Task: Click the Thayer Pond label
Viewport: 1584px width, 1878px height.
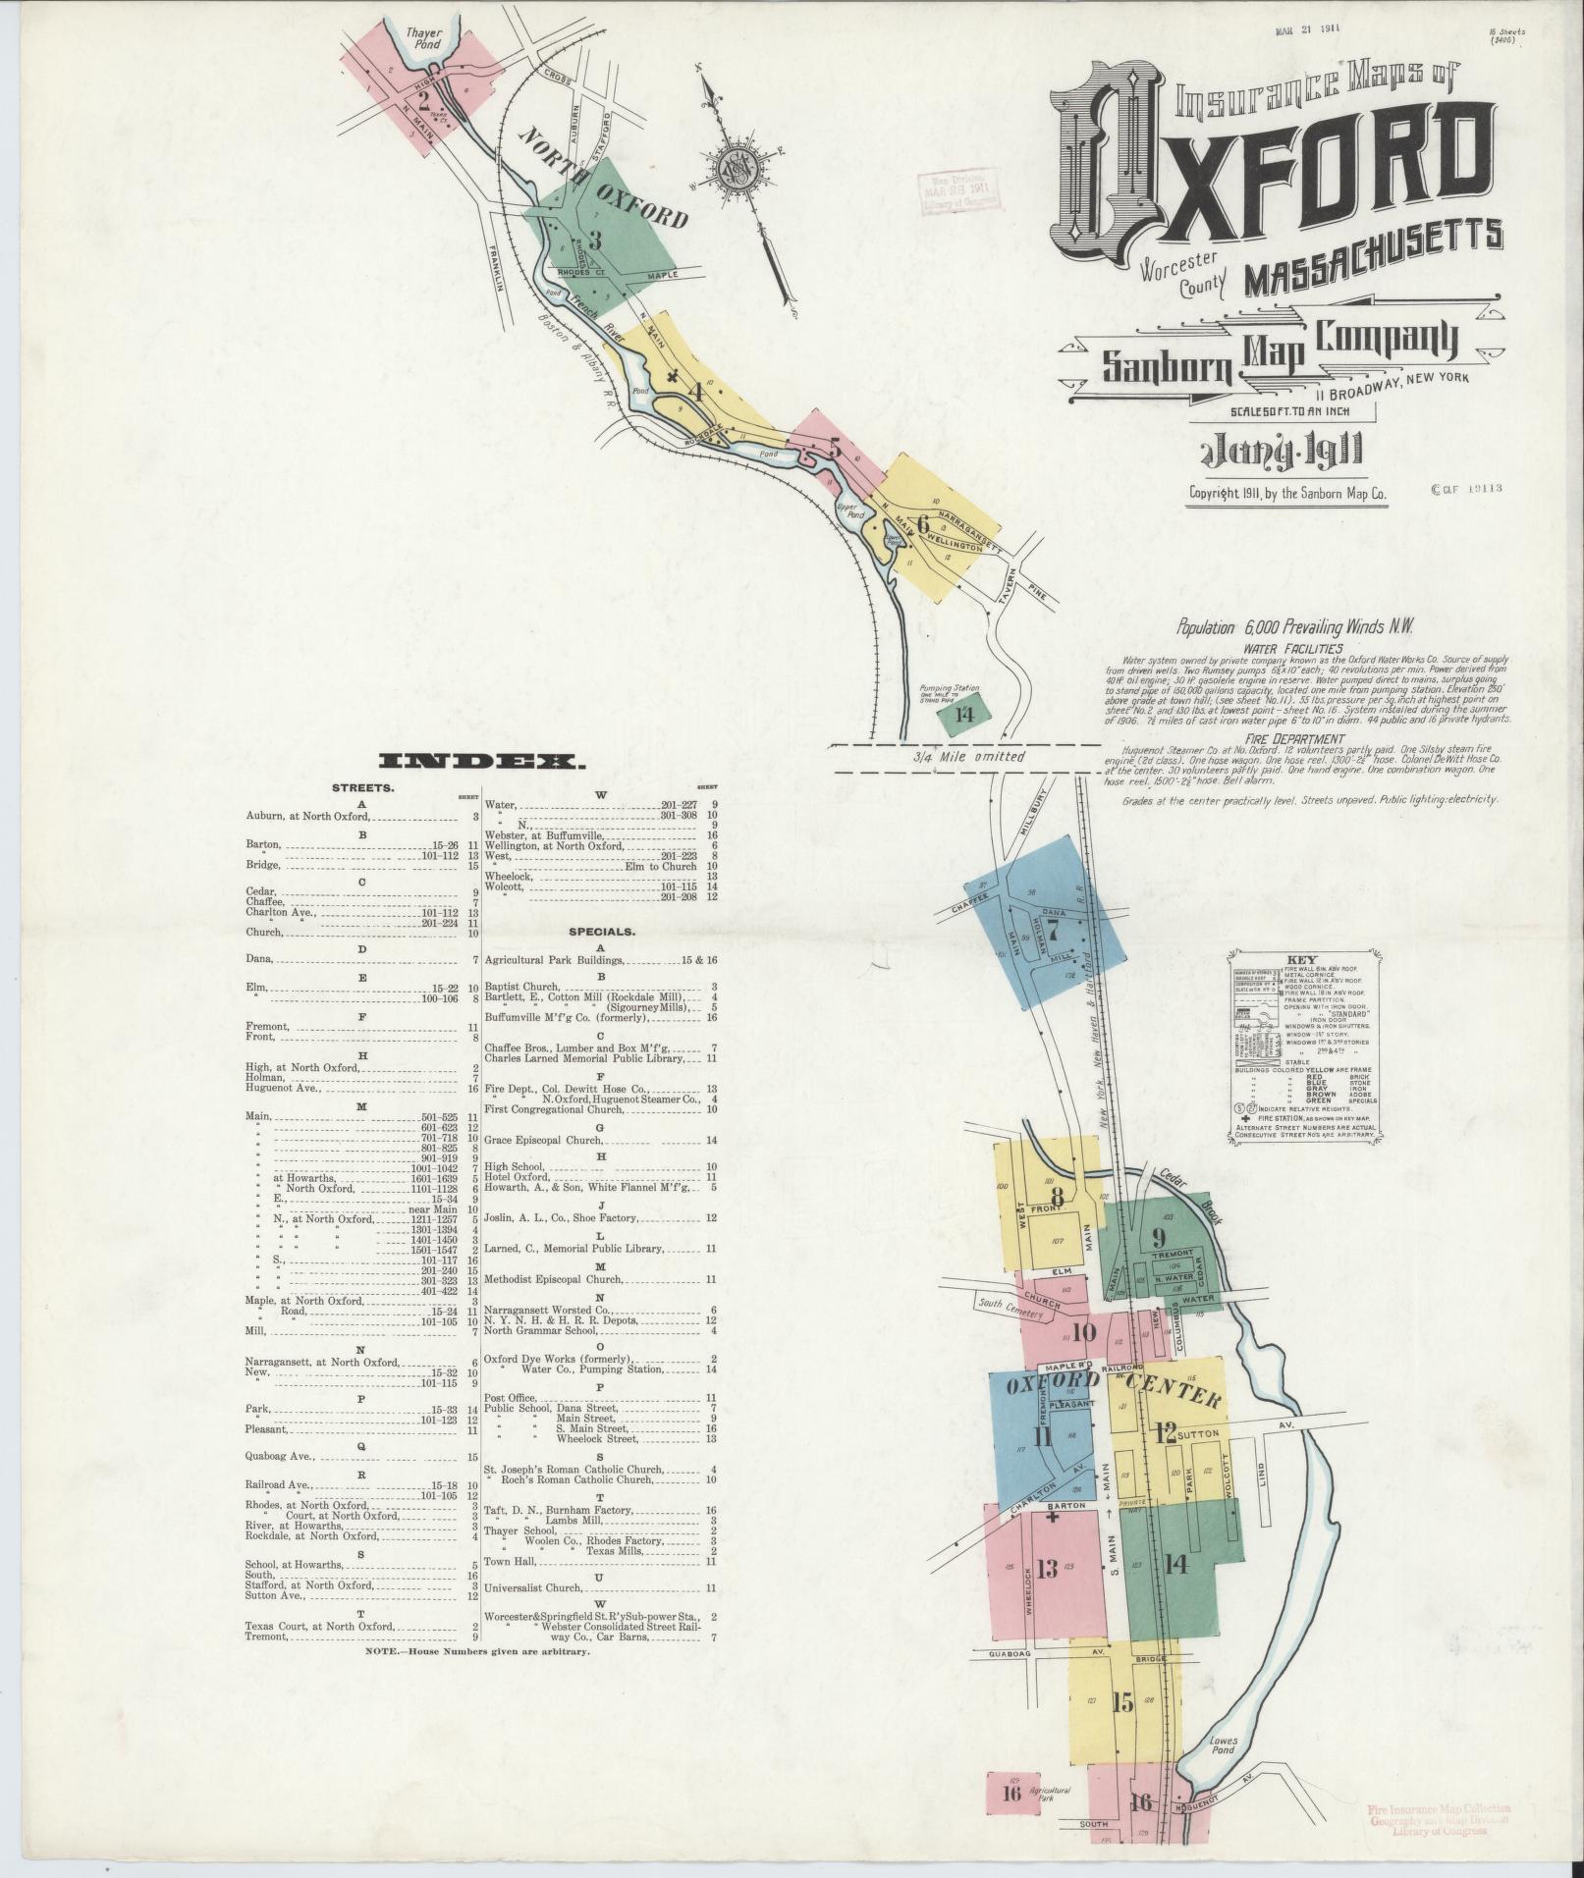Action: [x=423, y=38]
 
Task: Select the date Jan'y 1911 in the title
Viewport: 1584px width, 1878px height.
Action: [x=1277, y=455]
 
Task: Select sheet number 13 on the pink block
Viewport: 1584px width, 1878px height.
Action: [x=1047, y=1567]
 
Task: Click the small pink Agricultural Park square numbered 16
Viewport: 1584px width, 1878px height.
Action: [x=1012, y=1793]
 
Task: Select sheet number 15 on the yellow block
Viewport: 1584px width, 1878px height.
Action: [x=1121, y=1701]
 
